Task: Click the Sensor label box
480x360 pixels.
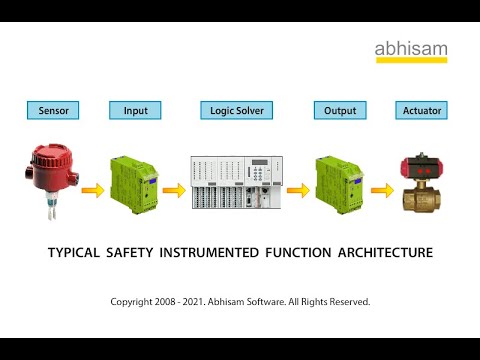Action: (x=53, y=110)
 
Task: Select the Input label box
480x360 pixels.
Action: (x=134, y=110)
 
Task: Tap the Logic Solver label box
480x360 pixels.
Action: (x=237, y=110)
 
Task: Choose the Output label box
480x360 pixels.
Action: (x=340, y=110)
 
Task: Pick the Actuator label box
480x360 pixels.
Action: (x=420, y=110)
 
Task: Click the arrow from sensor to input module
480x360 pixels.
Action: (x=93, y=189)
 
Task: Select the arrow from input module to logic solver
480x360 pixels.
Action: (x=173, y=189)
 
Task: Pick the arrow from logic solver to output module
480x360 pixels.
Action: (x=298, y=189)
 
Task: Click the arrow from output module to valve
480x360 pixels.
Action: (x=380, y=189)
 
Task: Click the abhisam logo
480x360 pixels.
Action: (x=412, y=50)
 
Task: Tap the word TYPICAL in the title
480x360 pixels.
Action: (x=74, y=253)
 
